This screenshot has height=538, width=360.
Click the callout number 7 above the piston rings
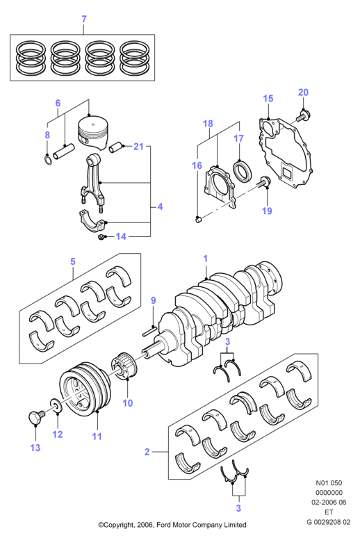(84, 19)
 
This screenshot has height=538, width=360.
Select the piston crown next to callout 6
(94, 132)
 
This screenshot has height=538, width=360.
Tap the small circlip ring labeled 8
(49, 160)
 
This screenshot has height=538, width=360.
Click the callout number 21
(138, 147)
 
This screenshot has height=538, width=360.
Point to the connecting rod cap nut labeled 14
(101, 237)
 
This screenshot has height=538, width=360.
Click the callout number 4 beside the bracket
(160, 206)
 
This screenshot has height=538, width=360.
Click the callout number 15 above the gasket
(268, 99)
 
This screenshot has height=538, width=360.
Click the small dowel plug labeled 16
(198, 219)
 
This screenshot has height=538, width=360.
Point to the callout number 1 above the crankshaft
(205, 259)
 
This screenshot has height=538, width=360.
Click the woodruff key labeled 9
(150, 329)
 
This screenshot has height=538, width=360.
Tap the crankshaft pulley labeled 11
(85, 388)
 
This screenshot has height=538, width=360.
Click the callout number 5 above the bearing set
(73, 261)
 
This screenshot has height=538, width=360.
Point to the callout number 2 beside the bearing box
(147, 452)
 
